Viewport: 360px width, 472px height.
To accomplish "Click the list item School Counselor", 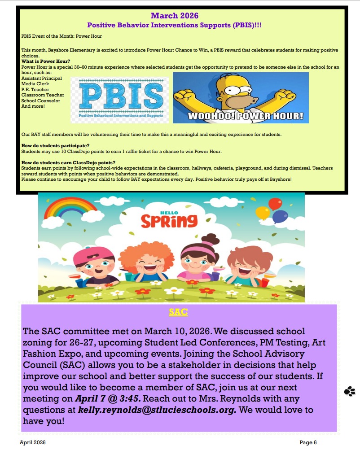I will click(x=41, y=101).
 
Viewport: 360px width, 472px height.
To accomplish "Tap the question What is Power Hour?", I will click(x=46, y=61).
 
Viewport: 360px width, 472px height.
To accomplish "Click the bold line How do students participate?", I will click(x=56, y=145).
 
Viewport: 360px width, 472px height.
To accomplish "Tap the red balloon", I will click(x=275, y=204).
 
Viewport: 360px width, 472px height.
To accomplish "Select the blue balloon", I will click(x=280, y=217).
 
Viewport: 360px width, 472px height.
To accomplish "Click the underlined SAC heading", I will click(x=178, y=312).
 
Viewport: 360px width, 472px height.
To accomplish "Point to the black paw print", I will click(x=350, y=391).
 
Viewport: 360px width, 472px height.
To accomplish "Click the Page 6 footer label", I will click(x=308, y=442).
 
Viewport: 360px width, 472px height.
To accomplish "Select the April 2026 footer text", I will click(x=32, y=442).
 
